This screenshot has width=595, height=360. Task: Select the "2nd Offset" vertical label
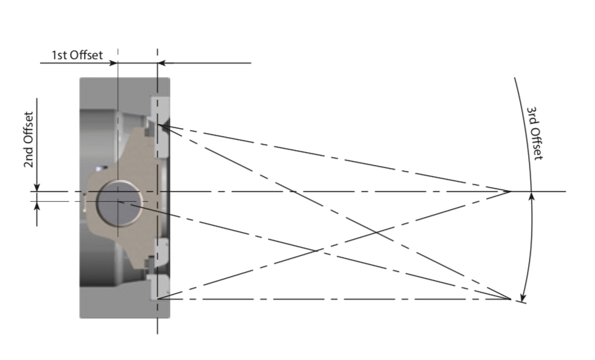[29, 140]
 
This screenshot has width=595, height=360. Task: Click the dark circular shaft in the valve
[118, 202]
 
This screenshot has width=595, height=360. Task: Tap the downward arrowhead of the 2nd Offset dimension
[38, 187]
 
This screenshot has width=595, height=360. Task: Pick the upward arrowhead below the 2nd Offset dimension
[38, 206]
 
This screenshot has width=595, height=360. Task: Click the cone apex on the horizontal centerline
[510, 191]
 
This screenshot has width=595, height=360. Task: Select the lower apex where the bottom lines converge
[510, 299]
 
